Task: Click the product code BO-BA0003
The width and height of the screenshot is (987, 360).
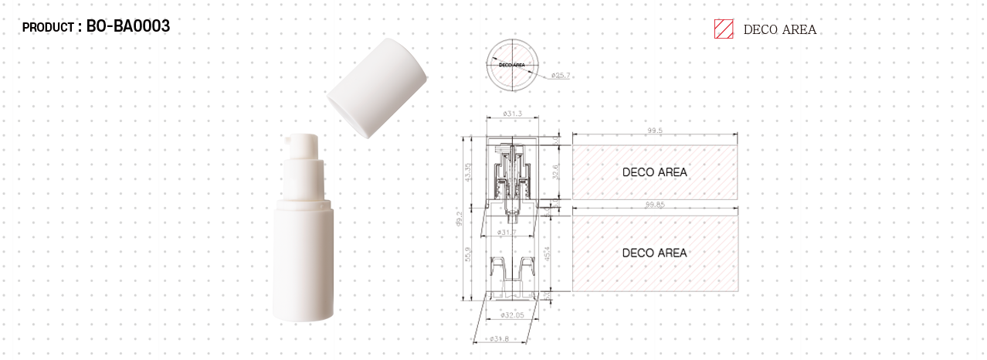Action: (128, 26)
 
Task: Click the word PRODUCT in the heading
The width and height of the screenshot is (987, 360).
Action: (47, 28)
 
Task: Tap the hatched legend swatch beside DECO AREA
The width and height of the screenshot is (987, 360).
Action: (723, 29)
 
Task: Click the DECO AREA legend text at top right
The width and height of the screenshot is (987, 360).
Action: (778, 30)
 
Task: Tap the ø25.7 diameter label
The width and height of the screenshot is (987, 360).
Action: (560, 76)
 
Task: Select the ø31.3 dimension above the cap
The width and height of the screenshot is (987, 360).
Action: (512, 114)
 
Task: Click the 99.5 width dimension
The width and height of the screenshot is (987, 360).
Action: (655, 131)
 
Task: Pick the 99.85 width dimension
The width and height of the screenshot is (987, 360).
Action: (655, 205)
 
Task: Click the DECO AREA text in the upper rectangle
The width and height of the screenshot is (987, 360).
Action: (654, 172)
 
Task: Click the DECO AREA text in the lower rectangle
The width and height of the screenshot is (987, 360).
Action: (654, 253)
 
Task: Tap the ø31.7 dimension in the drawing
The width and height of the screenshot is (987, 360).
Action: (507, 232)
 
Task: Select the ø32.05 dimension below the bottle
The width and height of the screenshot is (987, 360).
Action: (511, 314)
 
